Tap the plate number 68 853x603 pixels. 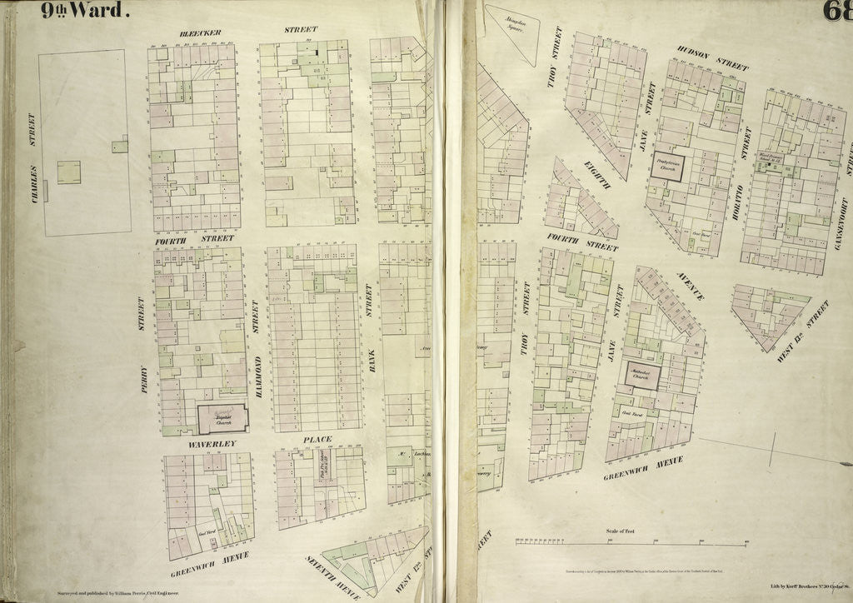coord(836,12)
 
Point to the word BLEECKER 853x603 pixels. coord(200,32)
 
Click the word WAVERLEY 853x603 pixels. coord(212,445)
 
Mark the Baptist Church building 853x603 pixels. coord(222,418)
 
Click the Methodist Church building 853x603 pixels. coord(642,376)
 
